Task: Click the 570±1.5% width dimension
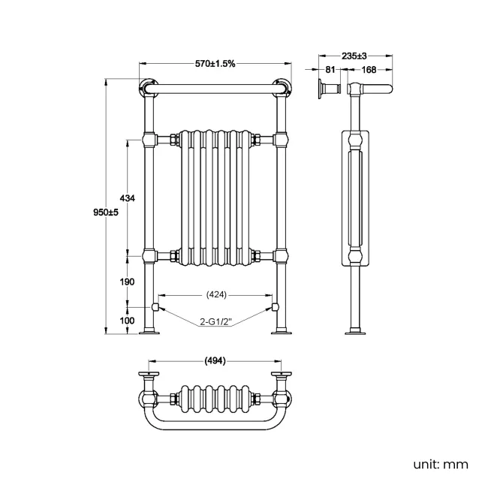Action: coord(215,64)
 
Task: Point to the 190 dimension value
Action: coord(127,282)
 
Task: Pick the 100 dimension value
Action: coord(127,321)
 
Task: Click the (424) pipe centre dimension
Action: coord(215,294)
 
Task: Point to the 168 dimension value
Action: coord(369,71)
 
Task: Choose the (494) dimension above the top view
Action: coord(215,360)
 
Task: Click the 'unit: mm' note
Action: coord(441,465)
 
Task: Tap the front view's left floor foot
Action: coord(150,331)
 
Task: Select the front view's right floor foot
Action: coord(283,331)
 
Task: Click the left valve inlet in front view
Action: coord(155,308)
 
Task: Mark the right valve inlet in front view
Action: coord(274,308)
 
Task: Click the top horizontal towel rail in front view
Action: coord(215,89)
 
